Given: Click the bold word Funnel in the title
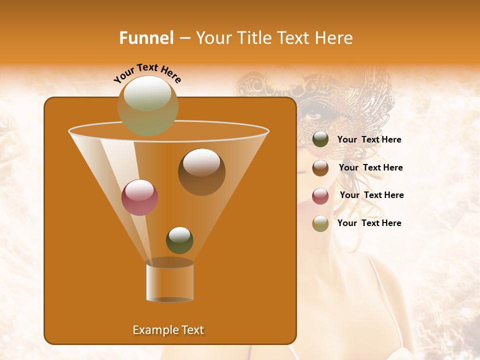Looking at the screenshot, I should point(146,38).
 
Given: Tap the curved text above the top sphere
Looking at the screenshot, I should point(147,73).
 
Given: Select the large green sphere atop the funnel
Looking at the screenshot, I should point(147,105).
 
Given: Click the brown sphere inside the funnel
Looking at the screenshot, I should point(201,172).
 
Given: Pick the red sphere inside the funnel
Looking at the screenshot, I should point(139,197).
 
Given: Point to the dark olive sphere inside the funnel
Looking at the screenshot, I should point(179,240).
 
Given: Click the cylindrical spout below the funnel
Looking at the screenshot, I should point(169,280).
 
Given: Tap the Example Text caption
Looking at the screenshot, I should point(168,330).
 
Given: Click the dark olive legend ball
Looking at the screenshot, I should point(320,139).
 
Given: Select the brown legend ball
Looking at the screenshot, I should point(320,168).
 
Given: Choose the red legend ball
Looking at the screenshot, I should point(320,196).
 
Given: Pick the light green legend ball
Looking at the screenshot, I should point(320,223).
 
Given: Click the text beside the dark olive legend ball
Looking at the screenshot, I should point(369,140).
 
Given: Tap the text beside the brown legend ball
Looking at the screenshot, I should point(370,168).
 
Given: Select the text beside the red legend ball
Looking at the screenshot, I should point(371,195).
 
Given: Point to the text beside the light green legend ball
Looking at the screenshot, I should point(369,223).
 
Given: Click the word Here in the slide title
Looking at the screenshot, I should point(334,38).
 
